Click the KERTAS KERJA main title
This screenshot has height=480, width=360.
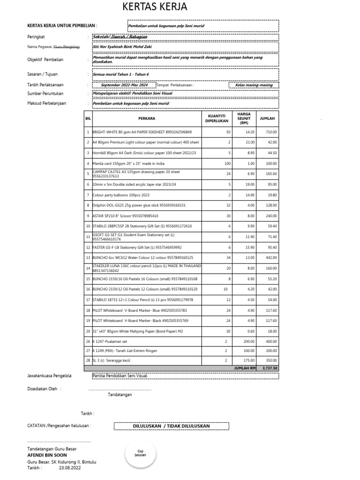click(155, 7)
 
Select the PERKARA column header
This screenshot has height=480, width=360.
click(146, 119)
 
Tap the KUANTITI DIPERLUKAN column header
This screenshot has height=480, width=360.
click(216, 119)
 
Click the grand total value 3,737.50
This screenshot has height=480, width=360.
click(270, 368)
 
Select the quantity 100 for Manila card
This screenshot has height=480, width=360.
click(228, 163)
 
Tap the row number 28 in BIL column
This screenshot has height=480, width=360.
click(88, 360)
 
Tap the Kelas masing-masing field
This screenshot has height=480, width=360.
click(253, 85)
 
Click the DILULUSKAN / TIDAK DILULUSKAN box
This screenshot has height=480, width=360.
click(172, 426)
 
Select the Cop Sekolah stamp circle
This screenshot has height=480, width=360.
click(140, 455)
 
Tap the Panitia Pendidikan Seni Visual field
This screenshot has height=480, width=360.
click(120, 375)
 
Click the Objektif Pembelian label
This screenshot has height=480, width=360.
click(45, 60)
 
